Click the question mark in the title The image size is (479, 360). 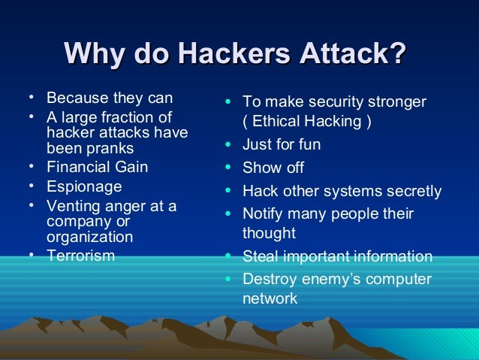399,55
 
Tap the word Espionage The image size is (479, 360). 84,185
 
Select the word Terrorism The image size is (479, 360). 81,256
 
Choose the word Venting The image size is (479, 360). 74,205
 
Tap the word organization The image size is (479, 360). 90,237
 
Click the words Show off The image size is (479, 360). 273,168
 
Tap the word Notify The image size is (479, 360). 264,214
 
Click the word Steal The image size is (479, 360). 260,257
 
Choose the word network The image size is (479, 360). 270,298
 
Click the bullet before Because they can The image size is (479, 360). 30,98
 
